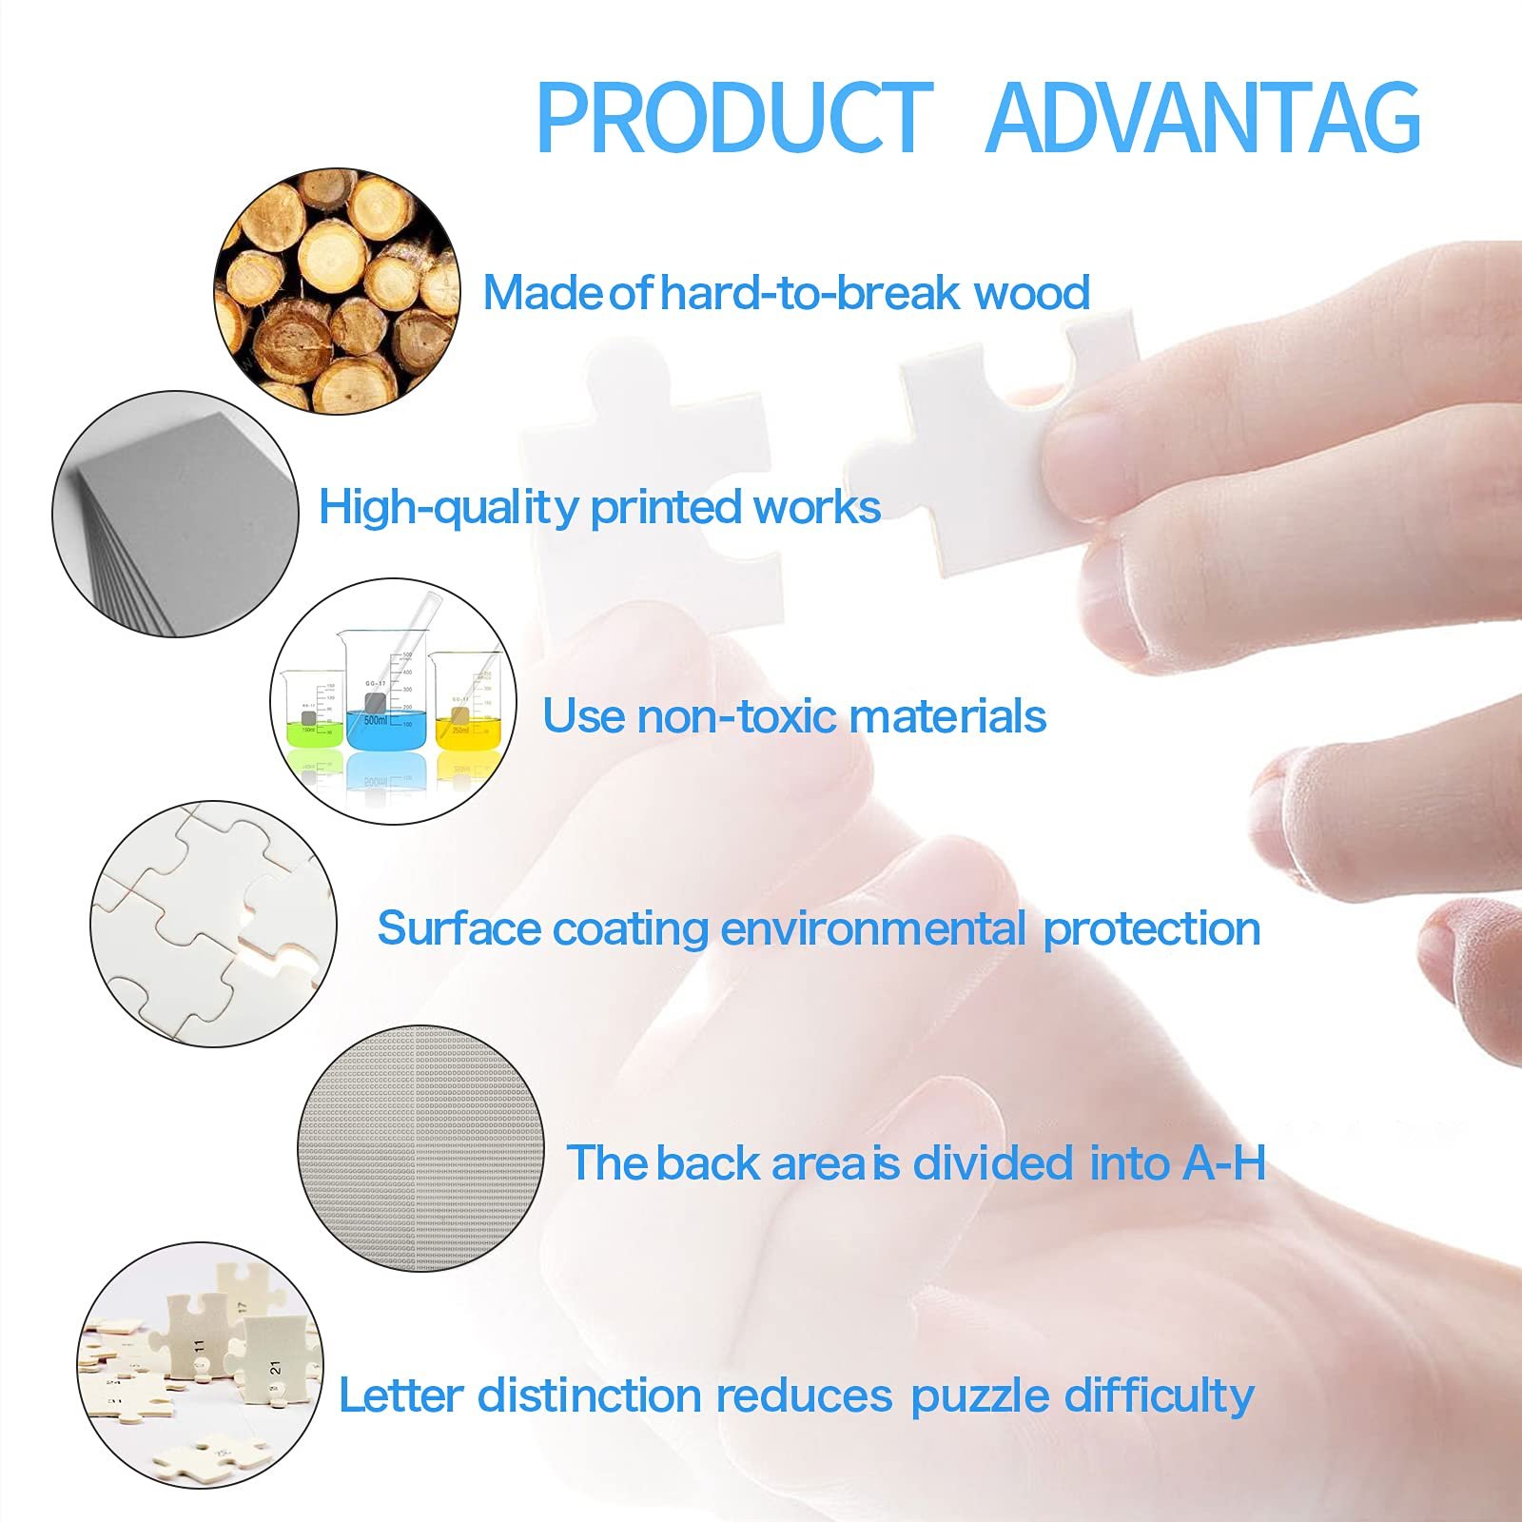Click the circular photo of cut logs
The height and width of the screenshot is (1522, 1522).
pos(337,291)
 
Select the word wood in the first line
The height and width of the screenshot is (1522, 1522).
pos(1032,293)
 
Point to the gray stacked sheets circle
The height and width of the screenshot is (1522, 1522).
pos(175,514)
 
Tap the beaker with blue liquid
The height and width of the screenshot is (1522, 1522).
pos(385,690)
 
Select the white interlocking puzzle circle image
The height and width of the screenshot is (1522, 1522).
pos(214,924)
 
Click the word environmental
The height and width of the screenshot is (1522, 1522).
pos(873,928)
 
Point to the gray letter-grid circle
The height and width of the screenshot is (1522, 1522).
pos(421,1149)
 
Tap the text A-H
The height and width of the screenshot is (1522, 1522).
pos(1224,1162)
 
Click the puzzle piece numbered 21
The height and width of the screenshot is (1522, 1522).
pos(269,1360)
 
